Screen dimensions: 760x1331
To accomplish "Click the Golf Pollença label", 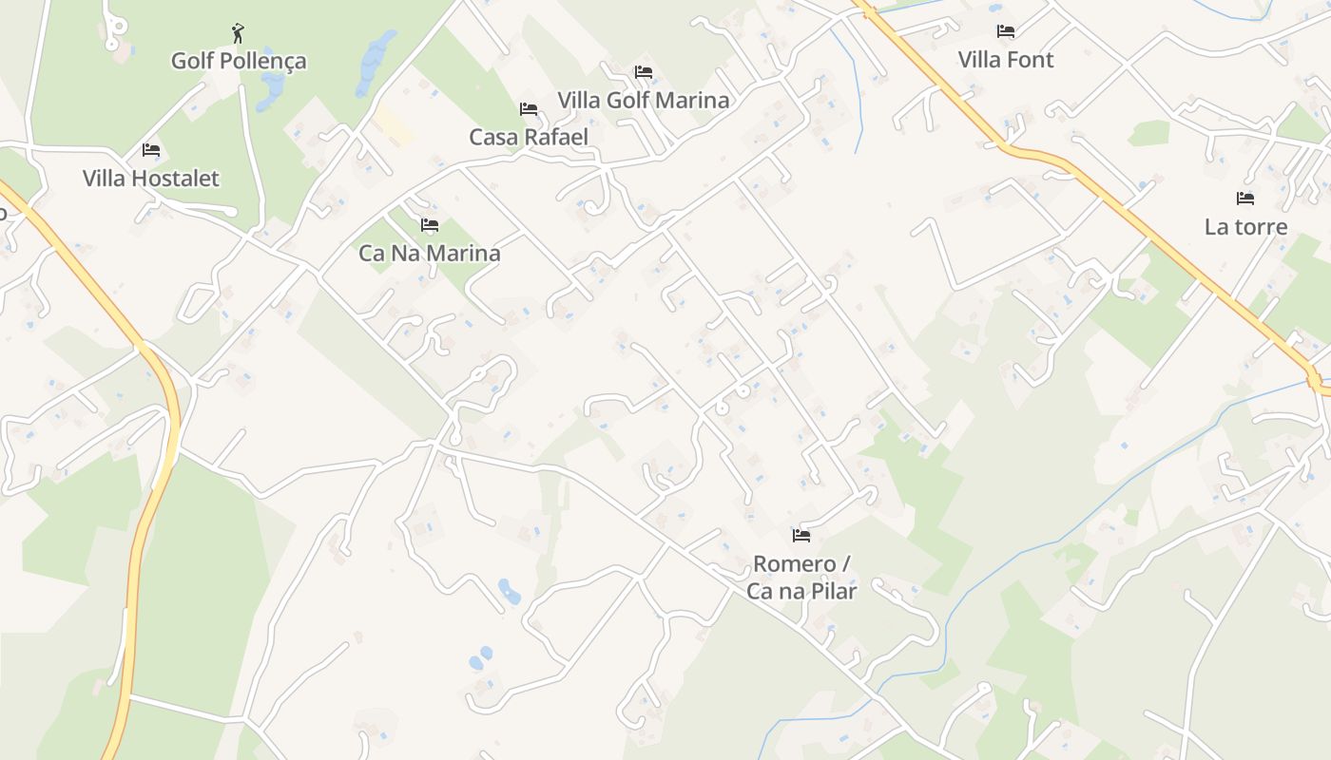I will click(x=239, y=61).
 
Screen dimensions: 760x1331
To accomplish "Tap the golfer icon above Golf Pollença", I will click(x=238, y=34).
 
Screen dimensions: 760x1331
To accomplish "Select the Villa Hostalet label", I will click(x=150, y=178).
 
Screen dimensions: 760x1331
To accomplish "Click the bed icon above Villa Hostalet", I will click(x=150, y=150).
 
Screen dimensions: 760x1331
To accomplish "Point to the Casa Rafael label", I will click(x=529, y=137).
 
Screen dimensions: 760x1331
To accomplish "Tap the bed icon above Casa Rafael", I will click(x=529, y=109).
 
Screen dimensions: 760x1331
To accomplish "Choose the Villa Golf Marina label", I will click(x=643, y=100).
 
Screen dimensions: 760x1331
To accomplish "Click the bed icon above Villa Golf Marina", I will click(x=644, y=72).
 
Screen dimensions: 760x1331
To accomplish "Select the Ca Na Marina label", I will click(x=429, y=254).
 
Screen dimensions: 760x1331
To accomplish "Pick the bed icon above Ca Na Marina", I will click(x=430, y=225).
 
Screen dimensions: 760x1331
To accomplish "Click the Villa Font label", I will click(x=1005, y=60).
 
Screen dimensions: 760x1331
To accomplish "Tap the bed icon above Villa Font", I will click(x=1006, y=31).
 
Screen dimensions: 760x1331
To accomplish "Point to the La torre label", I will click(x=1245, y=227).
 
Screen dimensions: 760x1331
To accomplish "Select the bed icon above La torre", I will click(x=1245, y=199).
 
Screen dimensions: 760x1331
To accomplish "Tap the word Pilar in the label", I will click(x=830, y=591).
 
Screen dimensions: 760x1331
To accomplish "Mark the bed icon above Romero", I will click(x=801, y=536).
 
